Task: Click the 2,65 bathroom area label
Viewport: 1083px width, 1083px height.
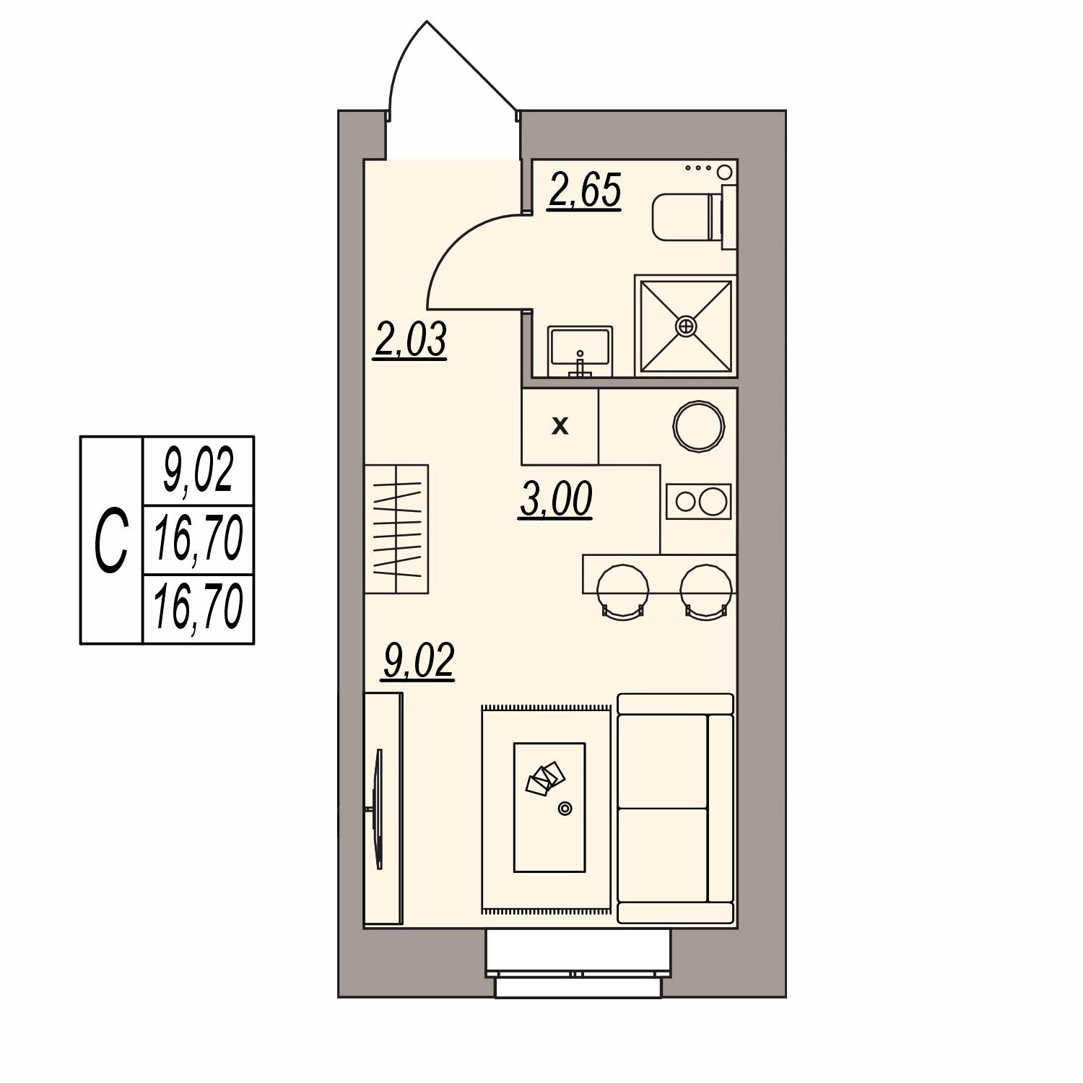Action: click(585, 192)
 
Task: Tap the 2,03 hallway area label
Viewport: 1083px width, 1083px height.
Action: click(411, 340)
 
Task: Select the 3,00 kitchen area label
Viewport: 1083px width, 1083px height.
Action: click(557, 500)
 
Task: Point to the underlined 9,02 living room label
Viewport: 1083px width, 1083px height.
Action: click(419, 661)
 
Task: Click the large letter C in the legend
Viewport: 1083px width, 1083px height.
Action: click(112, 540)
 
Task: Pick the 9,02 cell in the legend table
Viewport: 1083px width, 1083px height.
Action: click(199, 471)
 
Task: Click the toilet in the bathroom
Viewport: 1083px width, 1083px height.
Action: click(694, 217)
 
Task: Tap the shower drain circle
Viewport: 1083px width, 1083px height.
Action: click(686, 326)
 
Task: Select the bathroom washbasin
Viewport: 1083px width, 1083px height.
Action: click(580, 351)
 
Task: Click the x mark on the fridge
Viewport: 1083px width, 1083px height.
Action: click(560, 427)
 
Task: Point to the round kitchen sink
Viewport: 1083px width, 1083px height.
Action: click(698, 426)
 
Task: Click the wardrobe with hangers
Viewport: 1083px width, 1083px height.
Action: click(396, 529)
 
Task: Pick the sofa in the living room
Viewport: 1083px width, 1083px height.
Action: click(676, 809)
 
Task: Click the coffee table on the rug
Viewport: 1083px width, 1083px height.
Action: click(549, 807)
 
